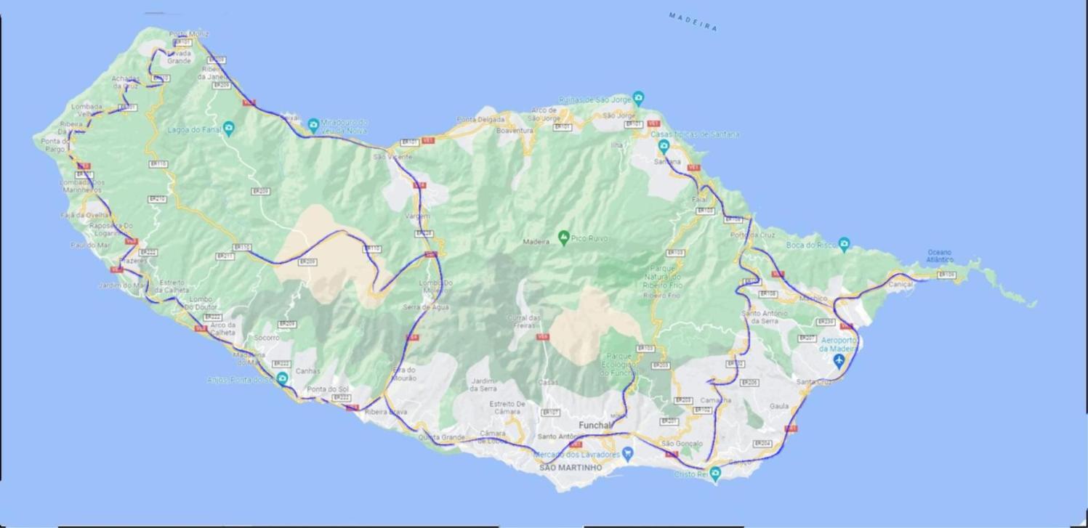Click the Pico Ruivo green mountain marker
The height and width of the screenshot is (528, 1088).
(563, 237)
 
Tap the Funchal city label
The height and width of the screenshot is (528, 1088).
(595, 425)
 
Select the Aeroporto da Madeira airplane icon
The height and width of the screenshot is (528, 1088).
(839, 361)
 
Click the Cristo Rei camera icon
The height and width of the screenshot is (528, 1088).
(715, 474)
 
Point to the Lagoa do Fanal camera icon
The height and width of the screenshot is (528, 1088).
(228, 129)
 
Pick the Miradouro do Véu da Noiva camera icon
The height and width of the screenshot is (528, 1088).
(313, 124)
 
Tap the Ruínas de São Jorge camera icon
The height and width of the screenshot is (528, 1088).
(638, 97)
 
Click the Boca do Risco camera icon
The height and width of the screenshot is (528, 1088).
(844, 244)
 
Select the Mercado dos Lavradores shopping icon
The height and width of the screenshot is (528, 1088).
(628, 454)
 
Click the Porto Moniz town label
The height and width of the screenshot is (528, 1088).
(189, 34)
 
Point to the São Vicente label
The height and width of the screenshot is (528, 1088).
(393, 157)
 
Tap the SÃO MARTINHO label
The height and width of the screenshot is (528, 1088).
(571, 468)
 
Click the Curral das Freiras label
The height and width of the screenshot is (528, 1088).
(524, 322)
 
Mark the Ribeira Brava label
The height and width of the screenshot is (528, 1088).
(386, 412)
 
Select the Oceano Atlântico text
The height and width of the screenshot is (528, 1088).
(939, 256)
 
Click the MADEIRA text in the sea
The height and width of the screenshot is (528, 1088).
(693, 21)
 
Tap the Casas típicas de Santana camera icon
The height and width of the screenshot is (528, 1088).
(663, 146)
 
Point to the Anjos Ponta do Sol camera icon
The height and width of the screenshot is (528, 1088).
(282, 378)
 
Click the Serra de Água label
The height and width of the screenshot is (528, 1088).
(426, 307)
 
